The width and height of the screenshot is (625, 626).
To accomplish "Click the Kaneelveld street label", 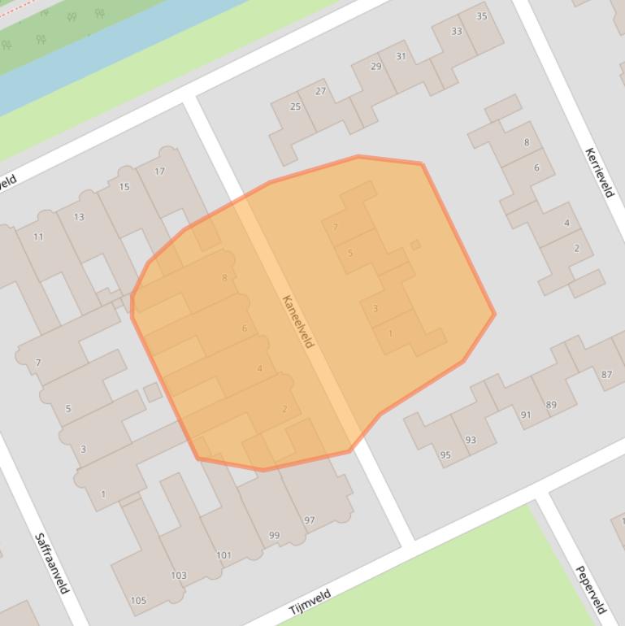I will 297,321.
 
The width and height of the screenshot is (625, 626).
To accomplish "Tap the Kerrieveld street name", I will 599,172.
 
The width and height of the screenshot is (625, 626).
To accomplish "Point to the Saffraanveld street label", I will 52,563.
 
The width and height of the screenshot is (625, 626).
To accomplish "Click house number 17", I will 159,172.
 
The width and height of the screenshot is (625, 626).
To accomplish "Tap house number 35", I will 482,16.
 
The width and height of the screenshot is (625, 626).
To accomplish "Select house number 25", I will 295,107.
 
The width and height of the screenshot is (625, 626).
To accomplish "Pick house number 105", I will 138,601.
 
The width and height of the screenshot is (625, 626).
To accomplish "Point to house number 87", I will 606,375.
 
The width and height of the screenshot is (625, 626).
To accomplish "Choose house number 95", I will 445,455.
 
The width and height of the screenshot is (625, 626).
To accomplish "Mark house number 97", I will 310,520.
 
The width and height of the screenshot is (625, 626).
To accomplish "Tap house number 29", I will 375,67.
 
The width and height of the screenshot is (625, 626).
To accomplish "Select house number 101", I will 224,555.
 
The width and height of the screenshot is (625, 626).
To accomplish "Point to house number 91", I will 526,415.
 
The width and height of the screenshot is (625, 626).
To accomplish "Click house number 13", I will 79,217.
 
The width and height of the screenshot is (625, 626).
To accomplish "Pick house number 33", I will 456,32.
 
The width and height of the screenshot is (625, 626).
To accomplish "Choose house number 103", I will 179,576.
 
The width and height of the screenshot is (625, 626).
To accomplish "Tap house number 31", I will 401,56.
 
